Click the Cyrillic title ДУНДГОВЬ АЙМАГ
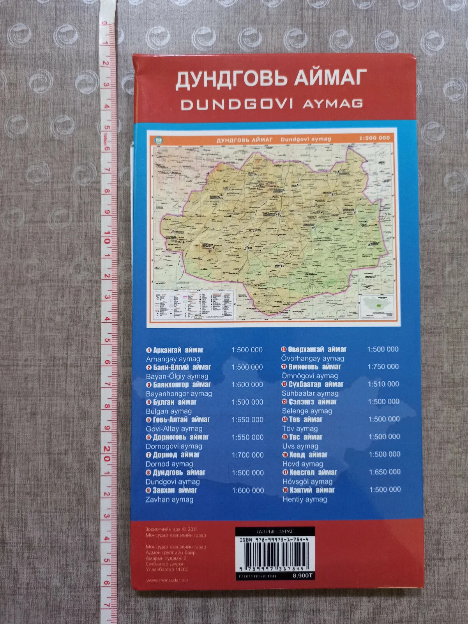(x=271, y=78)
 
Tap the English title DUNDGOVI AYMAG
(x=272, y=104)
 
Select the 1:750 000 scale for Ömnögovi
(x=383, y=366)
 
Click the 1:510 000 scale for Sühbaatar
(x=383, y=384)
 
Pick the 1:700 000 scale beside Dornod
(x=247, y=455)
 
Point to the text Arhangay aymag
(x=173, y=359)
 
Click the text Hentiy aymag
(x=305, y=499)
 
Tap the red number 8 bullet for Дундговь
(x=148, y=473)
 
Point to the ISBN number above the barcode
(x=274, y=540)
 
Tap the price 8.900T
(x=303, y=575)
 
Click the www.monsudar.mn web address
(x=167, y=580)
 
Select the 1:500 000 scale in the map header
(x=374, y=138)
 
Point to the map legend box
(x=194, y=304)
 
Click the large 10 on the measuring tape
(x=106, y=237)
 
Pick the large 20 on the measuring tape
(x=106, y=454)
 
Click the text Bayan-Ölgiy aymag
(x=177, y=377)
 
